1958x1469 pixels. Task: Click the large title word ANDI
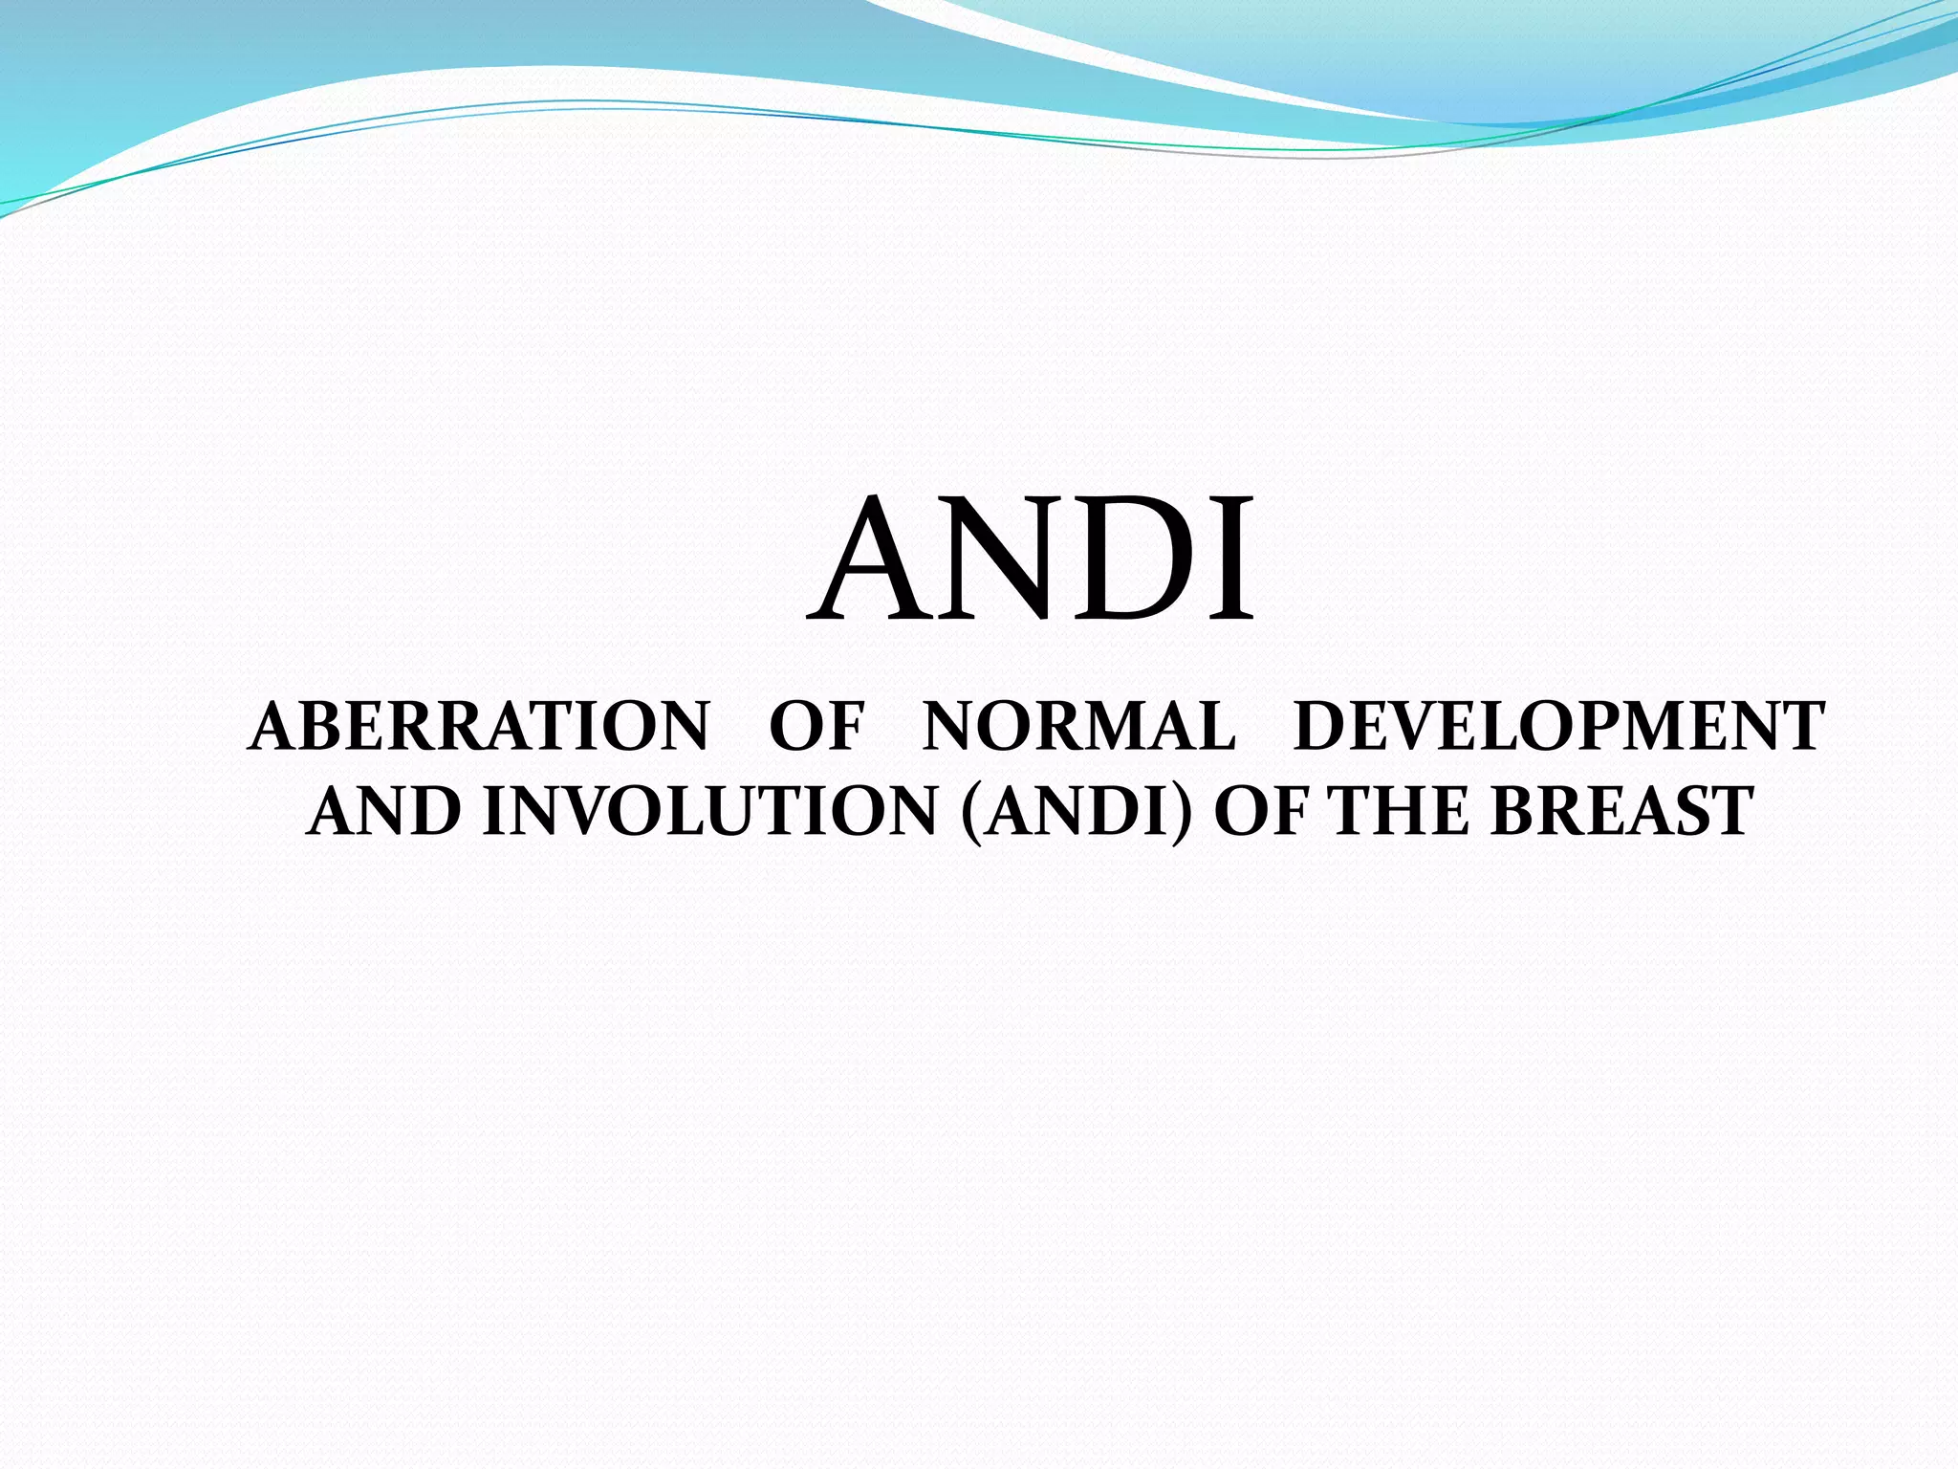coord(1031,559)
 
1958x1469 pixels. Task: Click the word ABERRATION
coord(478,727)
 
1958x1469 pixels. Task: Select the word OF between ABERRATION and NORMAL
coord(816,727)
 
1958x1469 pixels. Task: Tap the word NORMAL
coord(1078,727)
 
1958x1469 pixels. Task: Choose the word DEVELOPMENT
coord(1558,727)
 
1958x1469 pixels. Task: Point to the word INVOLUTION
coord(708,813)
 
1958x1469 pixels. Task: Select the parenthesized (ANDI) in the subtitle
coord(1077,813)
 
